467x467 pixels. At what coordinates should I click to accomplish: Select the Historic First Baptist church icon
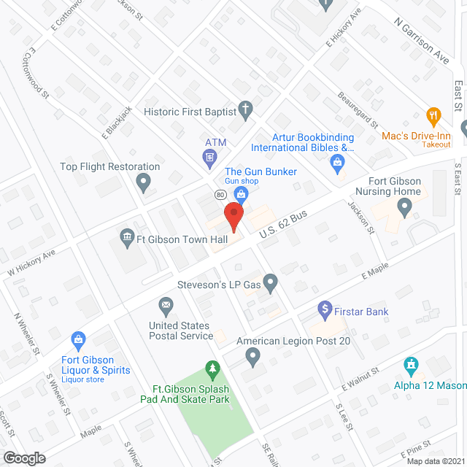pyautogui.click(x=247, y=111)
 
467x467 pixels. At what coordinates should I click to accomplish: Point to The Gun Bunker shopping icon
pyautogui.click(x=242, y=193)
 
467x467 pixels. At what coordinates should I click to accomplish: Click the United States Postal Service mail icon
pyautogui.click(x=166, y=304)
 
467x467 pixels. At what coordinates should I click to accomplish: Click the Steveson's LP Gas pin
pyautogui.click(x=271, y=281)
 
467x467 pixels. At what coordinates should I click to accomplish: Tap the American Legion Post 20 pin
pyautogui.click(x=253, y=357)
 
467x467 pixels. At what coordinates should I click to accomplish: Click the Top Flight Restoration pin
pyautogui.click(x=144, y=182)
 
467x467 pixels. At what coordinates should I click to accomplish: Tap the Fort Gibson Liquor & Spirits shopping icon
pyautogui.click(x=78, y=339)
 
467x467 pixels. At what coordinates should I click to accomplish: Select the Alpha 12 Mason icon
pyautogui.click(x=411, y=364)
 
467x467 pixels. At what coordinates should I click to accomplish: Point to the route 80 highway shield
pyautogui.click(x=219, y=195)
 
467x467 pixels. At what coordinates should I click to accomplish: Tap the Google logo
pyautogui.click(x=23, y=458)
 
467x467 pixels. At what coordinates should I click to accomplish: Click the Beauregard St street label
pyautogui.click(x=358, y=109)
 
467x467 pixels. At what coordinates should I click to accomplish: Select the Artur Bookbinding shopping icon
pyautogui.click(x=336, y=162)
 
